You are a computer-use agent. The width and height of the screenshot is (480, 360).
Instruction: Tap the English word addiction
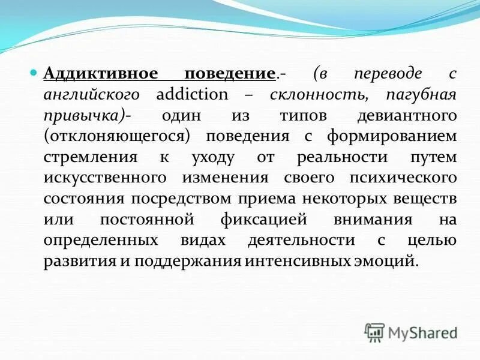click(x=192, y=95)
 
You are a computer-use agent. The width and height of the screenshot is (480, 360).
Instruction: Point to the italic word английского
click(x=92, y=95)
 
